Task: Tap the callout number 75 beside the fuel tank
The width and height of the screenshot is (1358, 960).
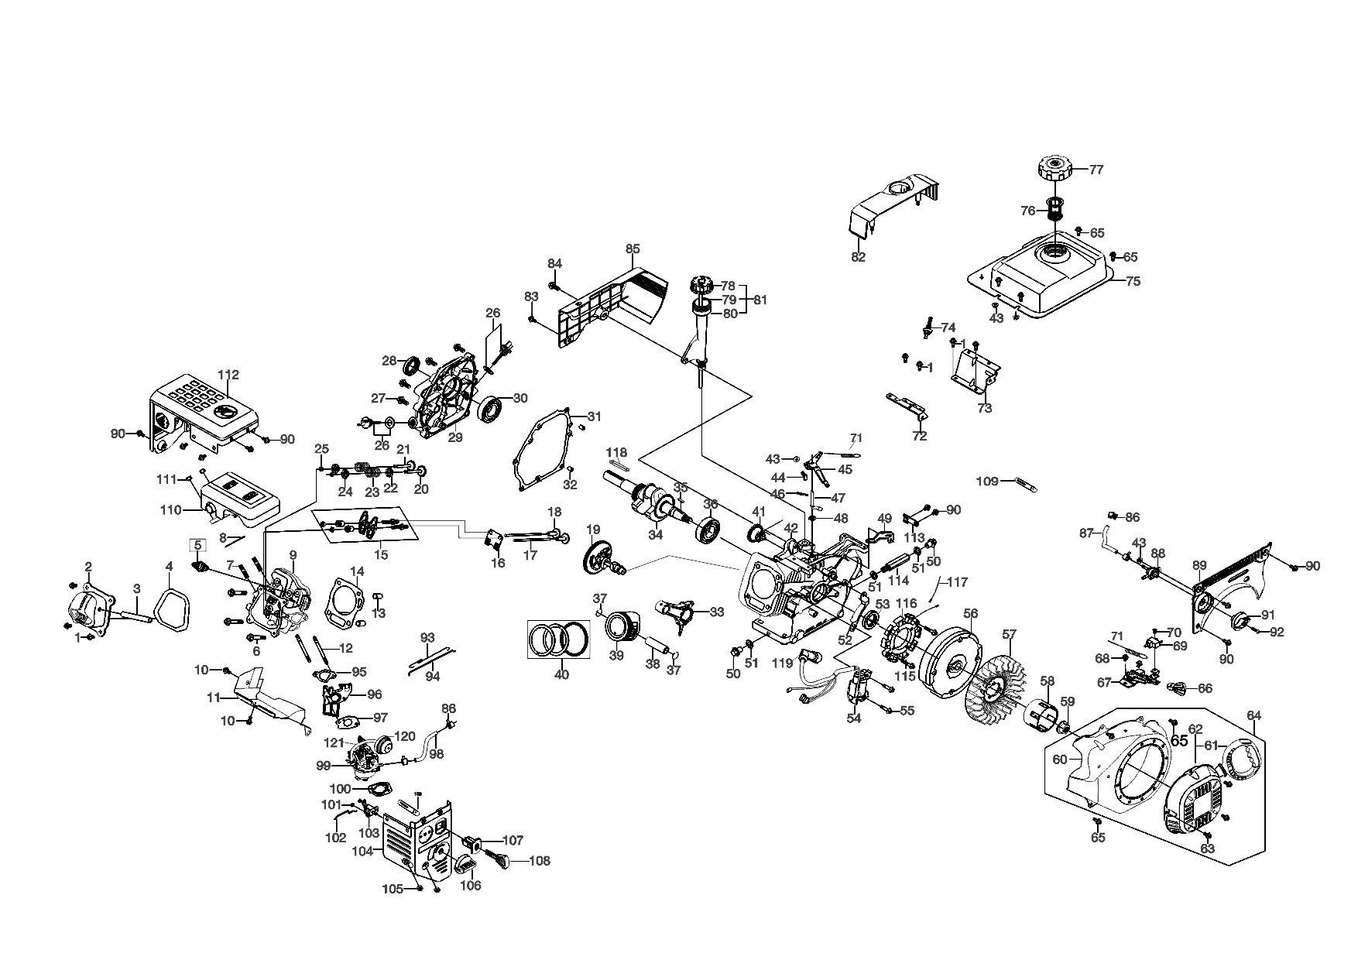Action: click(x=1133, y=282)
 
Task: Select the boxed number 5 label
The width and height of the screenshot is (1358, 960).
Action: click(x=198, y=544)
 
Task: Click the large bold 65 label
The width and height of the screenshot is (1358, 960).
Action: click(x=1179, y=741)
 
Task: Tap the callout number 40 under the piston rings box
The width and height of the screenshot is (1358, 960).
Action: click(x=561, y=674)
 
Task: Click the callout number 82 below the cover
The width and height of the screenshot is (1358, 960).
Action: click(x=858, y=257)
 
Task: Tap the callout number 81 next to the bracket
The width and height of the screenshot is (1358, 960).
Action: click(x=760, y=300)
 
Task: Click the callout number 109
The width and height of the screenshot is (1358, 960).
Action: click(x=986, y=482)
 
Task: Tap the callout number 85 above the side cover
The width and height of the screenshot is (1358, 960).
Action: click(x=633, y=249)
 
